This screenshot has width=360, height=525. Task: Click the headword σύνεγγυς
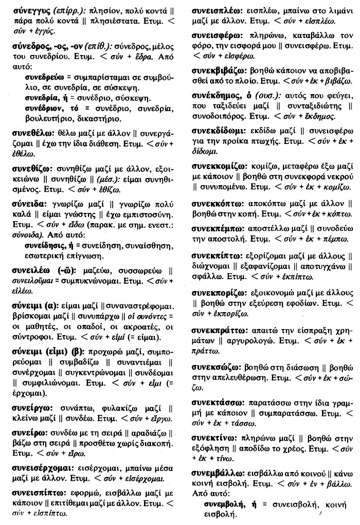click(x=30, y=9)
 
